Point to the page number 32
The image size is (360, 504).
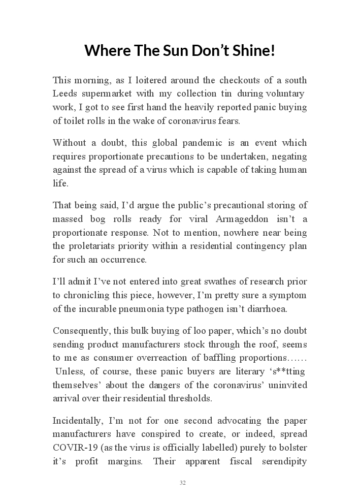[182, 483]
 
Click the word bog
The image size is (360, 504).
[108, 219]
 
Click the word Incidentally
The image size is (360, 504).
[76, 421]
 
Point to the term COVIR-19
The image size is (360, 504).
[72, 448]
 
